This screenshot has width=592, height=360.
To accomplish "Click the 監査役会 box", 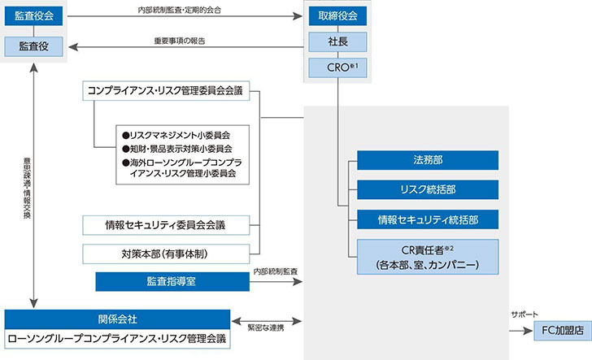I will [x=34, y=15].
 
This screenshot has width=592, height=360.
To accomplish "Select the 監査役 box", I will [x=34, y=47].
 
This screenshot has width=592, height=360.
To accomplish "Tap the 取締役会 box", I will [x=337, y=15].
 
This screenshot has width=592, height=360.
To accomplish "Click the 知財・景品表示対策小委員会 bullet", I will [x=176, y=149].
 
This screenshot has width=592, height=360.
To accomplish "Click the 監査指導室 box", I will [x=172, y=282].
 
